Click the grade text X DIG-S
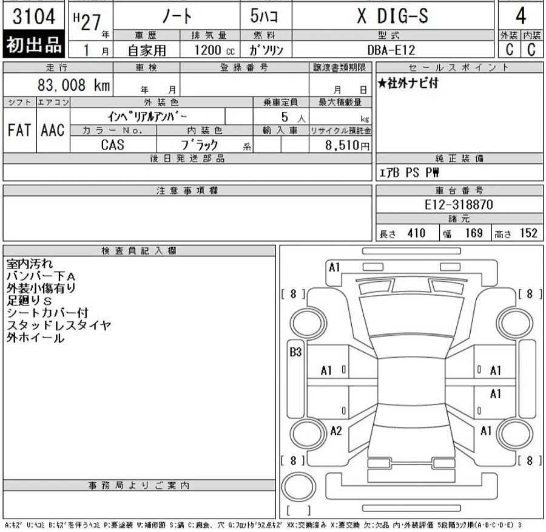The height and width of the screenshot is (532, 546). pyautogui.click(x=392, y=16)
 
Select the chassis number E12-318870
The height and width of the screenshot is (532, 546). pyautogui.click(x=459, y=205)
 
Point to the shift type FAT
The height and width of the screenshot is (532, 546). pyautogui.click(x=19, y=130)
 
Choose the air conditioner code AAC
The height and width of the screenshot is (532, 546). pyautogui.click(x=53, y=130)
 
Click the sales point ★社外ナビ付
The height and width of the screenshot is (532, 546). pyautogui.click(x=408, y=84)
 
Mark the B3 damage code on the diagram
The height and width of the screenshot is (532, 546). pyautogui.click(x=295, y=352)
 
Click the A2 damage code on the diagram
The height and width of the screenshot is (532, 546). pyautogui.click(x=336, y=431)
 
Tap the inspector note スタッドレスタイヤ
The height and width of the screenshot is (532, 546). pyautogui.click(x=59, y=326)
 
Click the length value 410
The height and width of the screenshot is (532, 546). pyautogui.click(x=416, y=233)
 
